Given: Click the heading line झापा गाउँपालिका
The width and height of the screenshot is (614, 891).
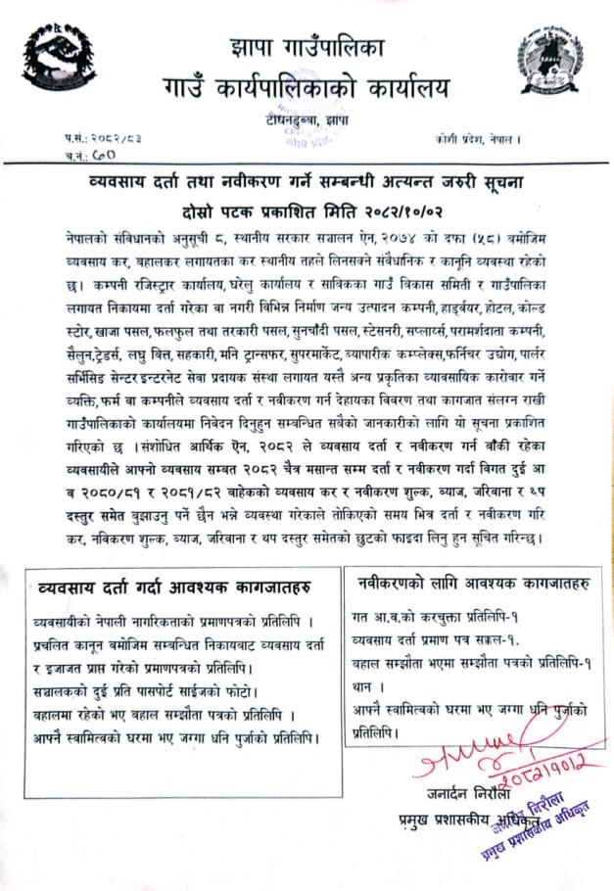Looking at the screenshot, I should tap(306, 47).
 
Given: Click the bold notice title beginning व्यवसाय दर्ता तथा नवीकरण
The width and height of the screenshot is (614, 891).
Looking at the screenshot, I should tap(307, 184).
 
